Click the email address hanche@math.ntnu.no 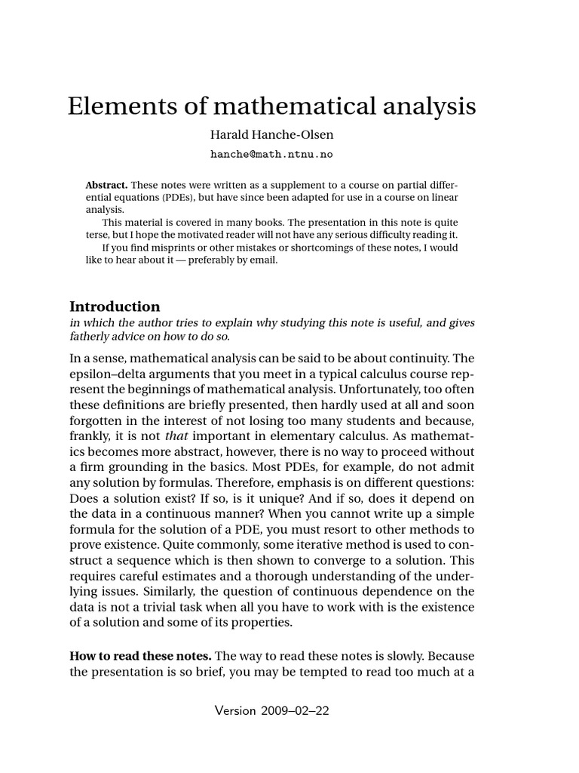pos(271,154)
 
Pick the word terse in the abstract pos(99,236)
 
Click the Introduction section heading pos(115,306)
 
